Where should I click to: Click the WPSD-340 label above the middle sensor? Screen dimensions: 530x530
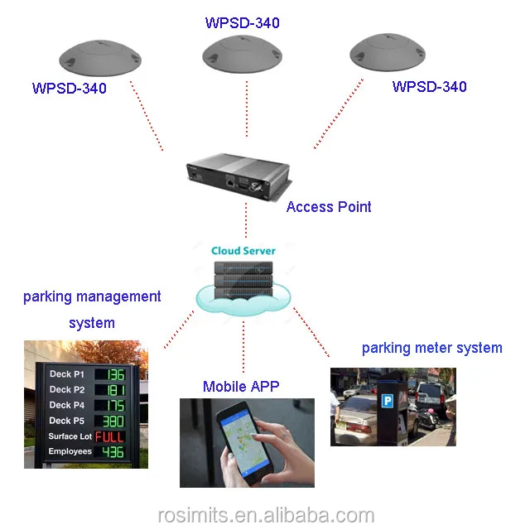coord(242,23)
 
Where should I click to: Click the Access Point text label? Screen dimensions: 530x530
coord(329,207)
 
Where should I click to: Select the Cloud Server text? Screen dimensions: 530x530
coord(243,250)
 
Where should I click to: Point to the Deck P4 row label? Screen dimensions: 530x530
coord(66,405)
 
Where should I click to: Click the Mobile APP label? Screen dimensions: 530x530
coord(241,387)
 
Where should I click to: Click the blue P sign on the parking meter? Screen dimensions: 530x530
coord(386,400)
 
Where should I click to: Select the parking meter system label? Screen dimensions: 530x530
coord(431,348)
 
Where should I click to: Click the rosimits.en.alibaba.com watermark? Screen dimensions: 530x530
coord(266,515)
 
